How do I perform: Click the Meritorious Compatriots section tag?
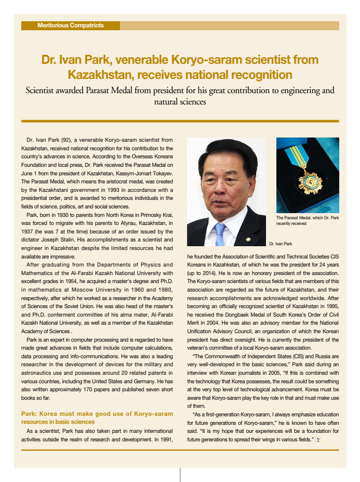[x=70, y=25]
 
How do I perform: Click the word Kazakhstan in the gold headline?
[x=97, y=75]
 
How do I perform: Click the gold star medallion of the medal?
[x=312, y=181]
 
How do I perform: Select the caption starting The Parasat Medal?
[x=307, y=221]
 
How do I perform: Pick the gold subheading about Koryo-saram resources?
[x=97, y=418]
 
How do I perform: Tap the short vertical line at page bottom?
[x=180, y=474]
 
